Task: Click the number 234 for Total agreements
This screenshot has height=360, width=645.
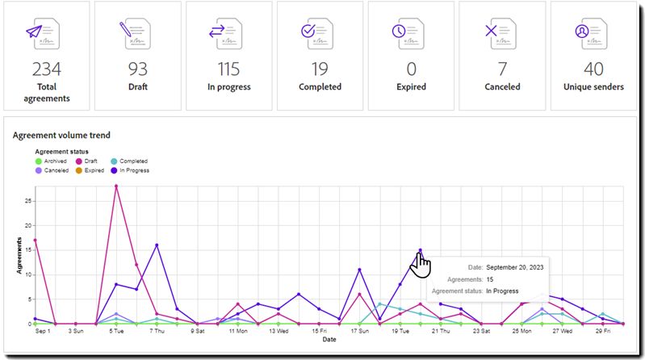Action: pyautogui.click(x=47, y=69)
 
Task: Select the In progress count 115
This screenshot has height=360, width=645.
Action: pyautogui.click(x=229, y=69)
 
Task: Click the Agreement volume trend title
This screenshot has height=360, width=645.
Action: pyautogui.click(x=61, y=136)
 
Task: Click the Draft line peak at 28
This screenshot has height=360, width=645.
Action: pyautogui.click(x=116, y=186)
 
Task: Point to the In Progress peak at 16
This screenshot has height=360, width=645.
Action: pyautogui.click(x=157, y=245)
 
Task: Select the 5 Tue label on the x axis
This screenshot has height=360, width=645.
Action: pyautogui.click(x=115, y=331)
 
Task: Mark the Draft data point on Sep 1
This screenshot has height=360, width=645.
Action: pyautogui.click(x=35, y=240)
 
